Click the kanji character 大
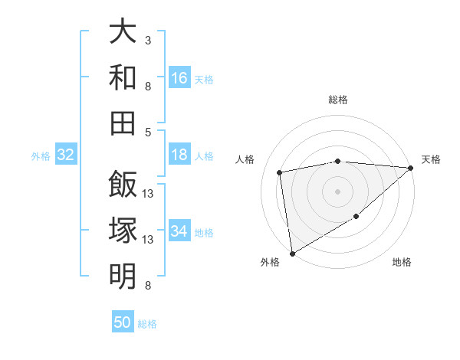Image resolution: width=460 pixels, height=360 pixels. tap(123, 33)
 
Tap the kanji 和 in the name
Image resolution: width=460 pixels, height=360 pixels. tap(123, 77)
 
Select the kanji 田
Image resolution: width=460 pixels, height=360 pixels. tap(123, 122)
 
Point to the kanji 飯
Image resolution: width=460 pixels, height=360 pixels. tap(123, 185)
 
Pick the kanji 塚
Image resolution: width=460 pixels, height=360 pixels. tap(123, 231)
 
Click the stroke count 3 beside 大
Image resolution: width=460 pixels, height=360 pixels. tap(148, 40)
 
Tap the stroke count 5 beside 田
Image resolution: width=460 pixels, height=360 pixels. tap(148, 132)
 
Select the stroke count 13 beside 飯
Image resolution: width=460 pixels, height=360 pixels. tap(148, 193)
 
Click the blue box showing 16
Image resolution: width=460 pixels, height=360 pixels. tap(179, 77)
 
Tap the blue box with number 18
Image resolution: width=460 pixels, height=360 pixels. tap(179, 155)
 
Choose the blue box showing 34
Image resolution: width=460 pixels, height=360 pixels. tap(179, 231)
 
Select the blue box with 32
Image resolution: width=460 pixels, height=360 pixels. tap(66, 155)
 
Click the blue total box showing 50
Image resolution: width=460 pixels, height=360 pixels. tap(123, 322)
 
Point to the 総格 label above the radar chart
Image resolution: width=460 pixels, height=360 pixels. tap(338, 100)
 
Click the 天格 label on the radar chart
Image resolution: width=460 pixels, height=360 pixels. tap(432, 159)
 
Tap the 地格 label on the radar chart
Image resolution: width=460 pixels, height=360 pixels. tap(402, 263)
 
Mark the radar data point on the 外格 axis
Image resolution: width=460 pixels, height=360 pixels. tap(292, 254)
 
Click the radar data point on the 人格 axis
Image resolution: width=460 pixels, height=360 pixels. tap(280, 172)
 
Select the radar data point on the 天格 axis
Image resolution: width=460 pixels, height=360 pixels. tap(411, 168)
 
